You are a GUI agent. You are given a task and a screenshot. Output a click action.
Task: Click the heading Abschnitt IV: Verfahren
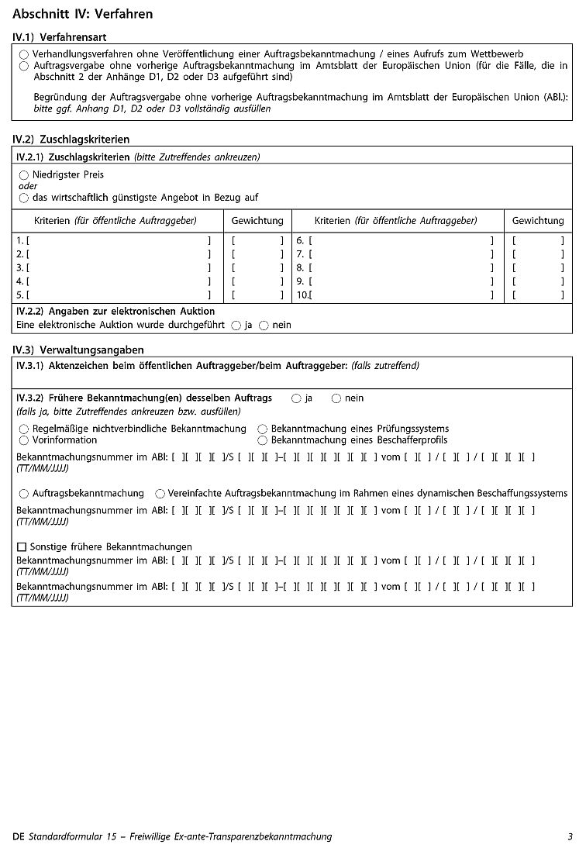(x=83, y=14)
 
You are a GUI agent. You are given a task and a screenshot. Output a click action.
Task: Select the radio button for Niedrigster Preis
(x=24, y=175)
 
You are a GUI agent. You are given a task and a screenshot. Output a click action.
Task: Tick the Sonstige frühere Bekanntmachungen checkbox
(x=22, y=547)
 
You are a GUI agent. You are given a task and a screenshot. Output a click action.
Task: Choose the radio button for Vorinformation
(x=24, y=440)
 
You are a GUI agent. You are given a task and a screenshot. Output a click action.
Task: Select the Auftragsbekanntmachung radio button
(x=24, y=494)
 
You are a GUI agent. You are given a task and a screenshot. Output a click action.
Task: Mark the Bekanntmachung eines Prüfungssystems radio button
(x=263, y=429)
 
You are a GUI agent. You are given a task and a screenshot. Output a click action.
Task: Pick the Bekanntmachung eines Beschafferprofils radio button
(x=263, y=440)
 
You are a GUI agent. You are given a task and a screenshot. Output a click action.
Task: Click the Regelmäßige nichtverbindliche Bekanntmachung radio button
(x=24, y=429)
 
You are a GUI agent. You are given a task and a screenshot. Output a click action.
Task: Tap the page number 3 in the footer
(x=570, y=836)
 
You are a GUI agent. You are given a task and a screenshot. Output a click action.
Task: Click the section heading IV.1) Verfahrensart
(x=60, y=37)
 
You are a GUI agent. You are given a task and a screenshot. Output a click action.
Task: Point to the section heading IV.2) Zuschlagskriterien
(x=71, y=140)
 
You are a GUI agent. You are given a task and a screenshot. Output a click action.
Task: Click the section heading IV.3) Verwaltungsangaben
(x=78, y=350)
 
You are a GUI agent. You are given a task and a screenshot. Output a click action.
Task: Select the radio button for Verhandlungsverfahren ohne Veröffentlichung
(x=24, y=54)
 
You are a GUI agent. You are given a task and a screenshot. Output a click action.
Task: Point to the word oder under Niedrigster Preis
(x=28, y=186)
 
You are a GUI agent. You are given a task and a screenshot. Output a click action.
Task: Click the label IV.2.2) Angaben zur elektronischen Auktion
(x=115, y=312)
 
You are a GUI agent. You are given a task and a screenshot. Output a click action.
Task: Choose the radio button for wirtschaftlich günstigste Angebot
(x=24, y=198)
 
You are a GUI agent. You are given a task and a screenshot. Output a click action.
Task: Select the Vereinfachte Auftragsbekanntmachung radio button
(x=160, y=494)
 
